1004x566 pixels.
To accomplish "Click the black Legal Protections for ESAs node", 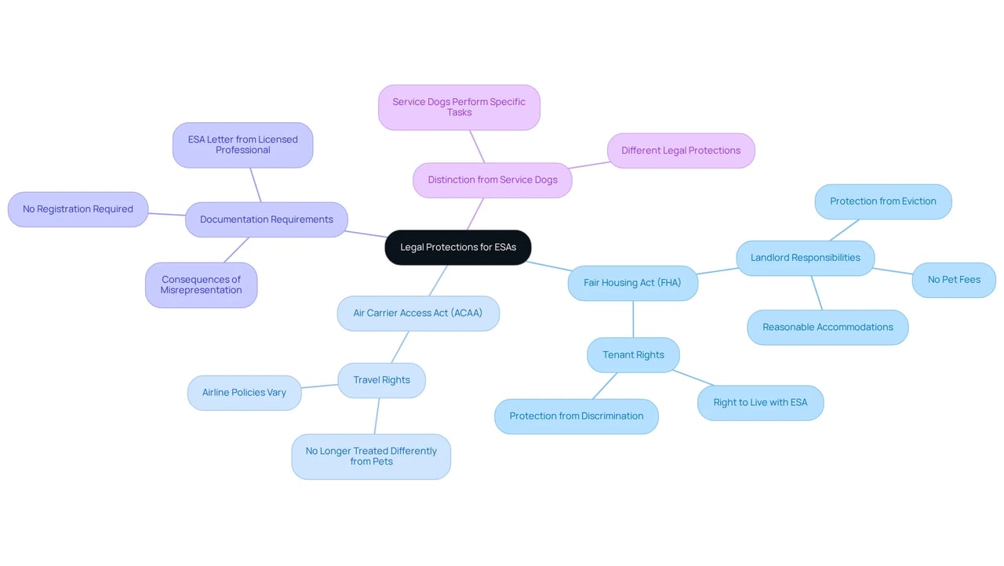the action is click(x=457, y=247).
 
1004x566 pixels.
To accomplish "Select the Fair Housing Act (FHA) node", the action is click(x=632, y=282).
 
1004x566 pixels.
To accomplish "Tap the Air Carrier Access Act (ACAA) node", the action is click(x=418, y=313).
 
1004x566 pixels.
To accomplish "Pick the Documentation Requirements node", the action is click(x=266, y=220).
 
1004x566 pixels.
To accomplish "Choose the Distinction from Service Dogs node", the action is click(x=492, y=180).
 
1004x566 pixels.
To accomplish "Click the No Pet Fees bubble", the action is click(x=954, y=280).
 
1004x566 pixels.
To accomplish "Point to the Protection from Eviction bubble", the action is click(x=883, y=201).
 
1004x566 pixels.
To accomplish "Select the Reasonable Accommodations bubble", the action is click(x=828, y=328).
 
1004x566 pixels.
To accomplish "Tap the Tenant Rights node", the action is click(x=633, y=354).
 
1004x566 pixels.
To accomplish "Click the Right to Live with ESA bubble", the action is click(x=760, y=403).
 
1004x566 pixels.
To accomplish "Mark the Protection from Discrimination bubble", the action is click(x=576, y=416).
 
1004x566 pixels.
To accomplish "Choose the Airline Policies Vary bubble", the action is click(x=244, y=393).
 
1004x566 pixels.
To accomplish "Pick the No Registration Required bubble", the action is click(x=78, y=209).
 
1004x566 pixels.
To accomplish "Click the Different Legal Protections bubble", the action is click(x=680, y=151).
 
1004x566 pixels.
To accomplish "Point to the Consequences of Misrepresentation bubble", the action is click(x=201, y=285).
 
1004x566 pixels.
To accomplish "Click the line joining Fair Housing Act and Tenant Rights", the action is click(x=633, y=319).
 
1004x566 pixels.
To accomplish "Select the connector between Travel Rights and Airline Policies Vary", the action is click(x=319, y=386).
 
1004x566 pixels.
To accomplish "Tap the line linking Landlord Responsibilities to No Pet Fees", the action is click(x=893, y=271).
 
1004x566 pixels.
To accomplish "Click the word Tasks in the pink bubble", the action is click(x=459, y=112).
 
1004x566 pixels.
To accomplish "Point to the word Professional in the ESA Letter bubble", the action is click(x=242, y=150).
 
